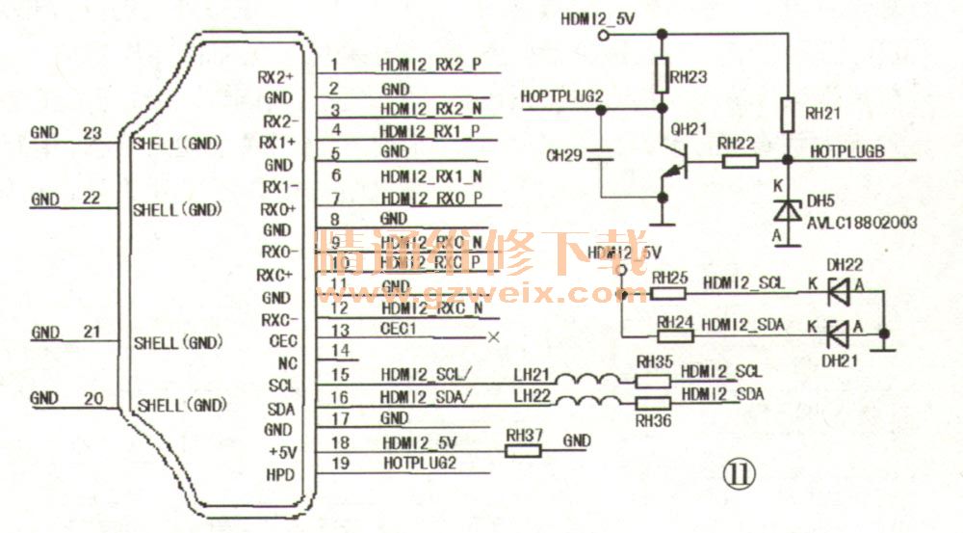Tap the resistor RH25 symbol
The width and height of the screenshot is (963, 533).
coord(669,292)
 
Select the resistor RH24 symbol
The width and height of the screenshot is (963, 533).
coord(675,336)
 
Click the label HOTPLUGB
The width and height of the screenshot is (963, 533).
coord(847,152)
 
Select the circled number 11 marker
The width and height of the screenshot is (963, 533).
coord(742,473)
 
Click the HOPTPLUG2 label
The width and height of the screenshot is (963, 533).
coord(562,96)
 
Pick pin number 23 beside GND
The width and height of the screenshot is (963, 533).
coord(92,133)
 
